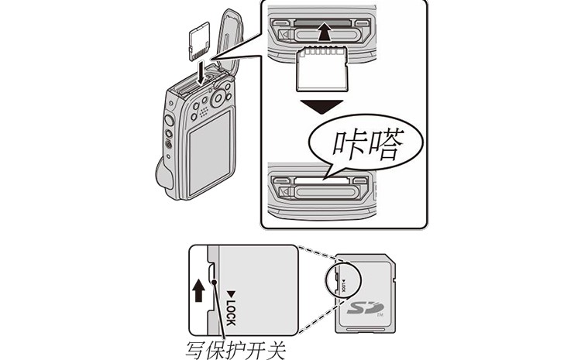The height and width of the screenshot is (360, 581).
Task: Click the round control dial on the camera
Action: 219,98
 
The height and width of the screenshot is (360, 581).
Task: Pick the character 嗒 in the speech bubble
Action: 390,145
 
